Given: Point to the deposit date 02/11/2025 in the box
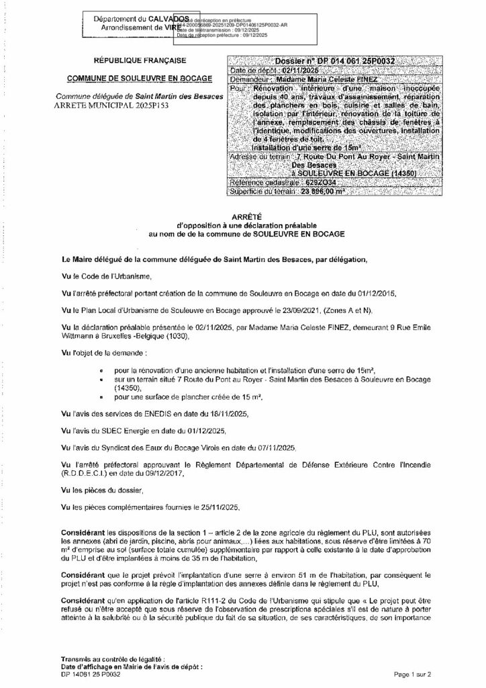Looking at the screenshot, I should [x=289, y=70].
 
